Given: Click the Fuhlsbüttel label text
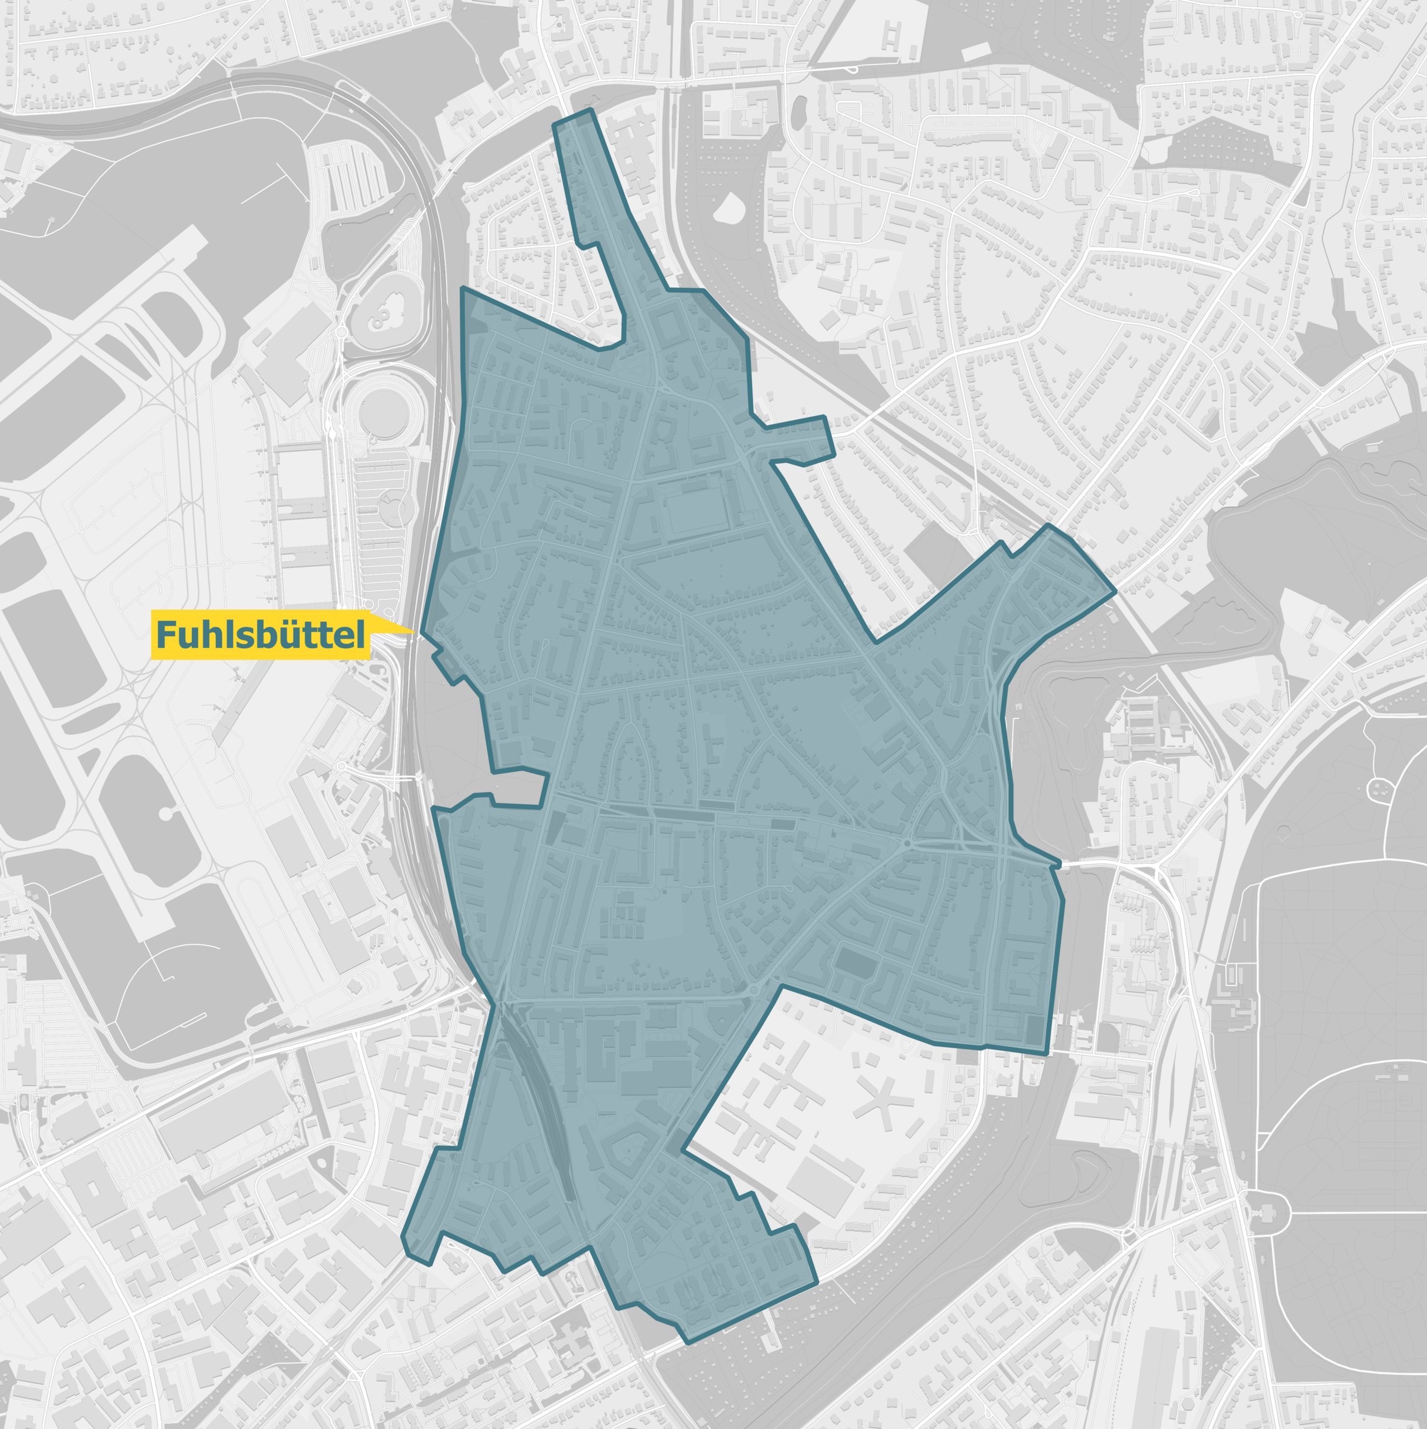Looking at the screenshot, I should coord(260,635).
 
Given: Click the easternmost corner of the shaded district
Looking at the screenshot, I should coord(1115,592).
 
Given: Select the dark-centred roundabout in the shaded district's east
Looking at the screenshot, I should coord(907,843).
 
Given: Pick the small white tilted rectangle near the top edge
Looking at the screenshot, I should coord(975,52).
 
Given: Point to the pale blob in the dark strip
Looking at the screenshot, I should coord(729,208).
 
